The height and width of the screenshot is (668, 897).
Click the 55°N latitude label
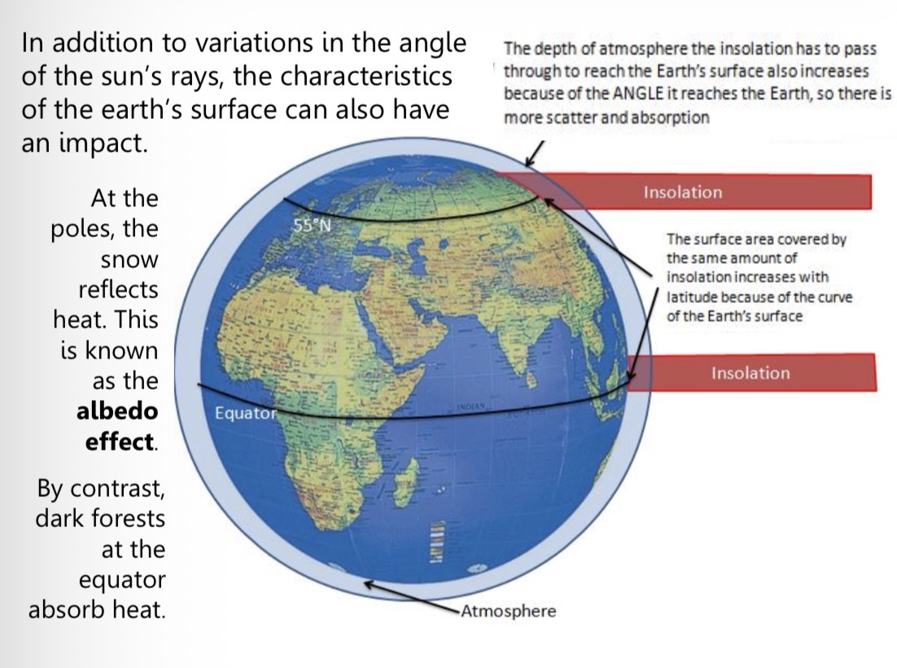311,226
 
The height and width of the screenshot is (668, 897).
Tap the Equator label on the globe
247,413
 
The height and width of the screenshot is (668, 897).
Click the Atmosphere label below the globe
508,611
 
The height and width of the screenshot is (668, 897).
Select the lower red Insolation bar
750,373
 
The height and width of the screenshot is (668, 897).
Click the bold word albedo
116,411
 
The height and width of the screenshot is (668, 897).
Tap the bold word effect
120,442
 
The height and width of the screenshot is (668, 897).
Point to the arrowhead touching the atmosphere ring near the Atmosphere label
368,583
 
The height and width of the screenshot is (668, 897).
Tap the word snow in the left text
129,261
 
